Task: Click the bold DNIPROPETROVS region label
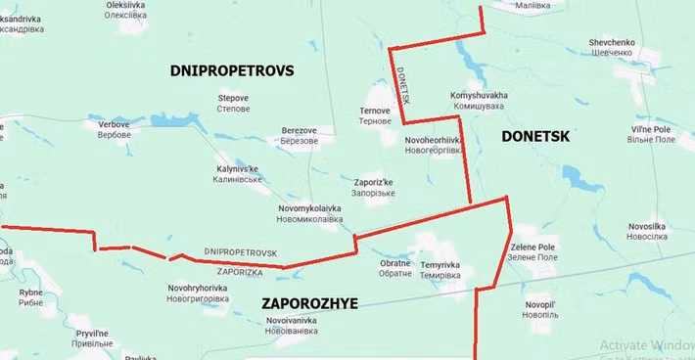232,71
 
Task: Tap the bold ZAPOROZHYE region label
309,304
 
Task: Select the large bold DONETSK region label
534,138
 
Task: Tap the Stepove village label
233,103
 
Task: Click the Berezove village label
299,135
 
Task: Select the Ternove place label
375,115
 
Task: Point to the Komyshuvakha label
479,100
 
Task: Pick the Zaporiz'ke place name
373,188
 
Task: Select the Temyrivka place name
440,270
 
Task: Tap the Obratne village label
395,269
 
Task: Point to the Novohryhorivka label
198,292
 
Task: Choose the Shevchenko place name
612,48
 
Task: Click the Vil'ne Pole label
650,135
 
